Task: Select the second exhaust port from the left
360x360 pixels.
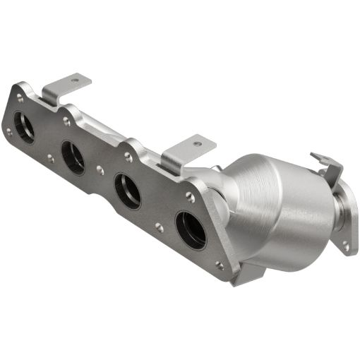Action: pos(73,157)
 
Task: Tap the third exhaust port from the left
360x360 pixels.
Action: pos(128,191)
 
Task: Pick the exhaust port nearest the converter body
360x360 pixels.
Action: pos(191,229)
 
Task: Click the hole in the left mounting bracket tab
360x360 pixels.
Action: pos(74,80)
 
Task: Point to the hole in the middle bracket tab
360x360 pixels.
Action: pos(196,143)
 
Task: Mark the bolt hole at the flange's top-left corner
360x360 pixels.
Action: pos(20,98)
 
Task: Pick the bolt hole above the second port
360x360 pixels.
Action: pos(66,121)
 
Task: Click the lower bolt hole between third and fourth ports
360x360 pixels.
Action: pos(159,227)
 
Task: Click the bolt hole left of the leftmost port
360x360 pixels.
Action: pos(8,131)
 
